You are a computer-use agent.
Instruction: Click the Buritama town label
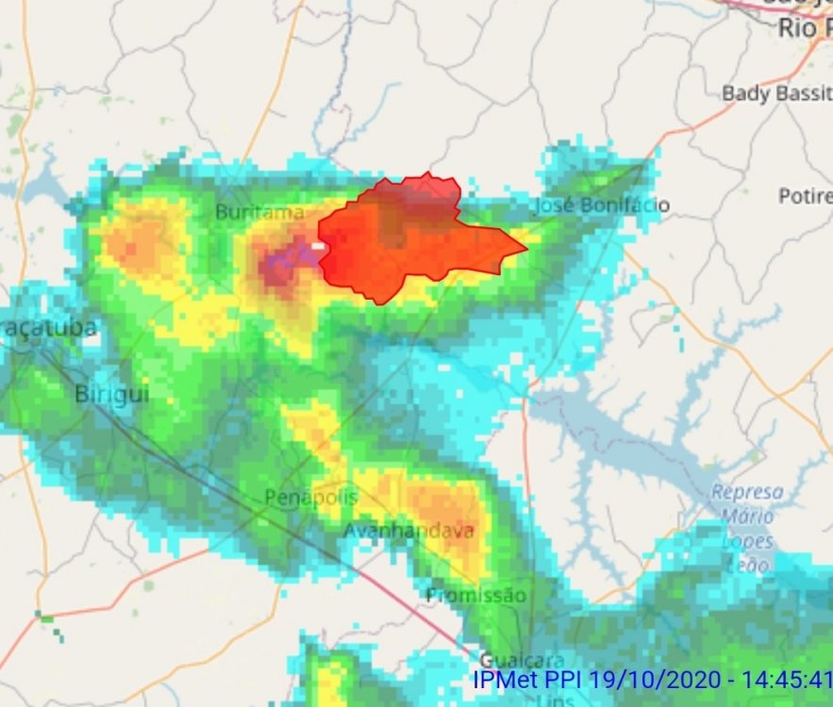[x=259, y=212]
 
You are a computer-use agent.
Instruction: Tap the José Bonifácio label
[x=602, y=205]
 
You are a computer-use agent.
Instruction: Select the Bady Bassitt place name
[x=776, y=93]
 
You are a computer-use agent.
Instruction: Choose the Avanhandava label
[x=408, y=531]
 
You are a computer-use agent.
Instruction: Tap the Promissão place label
[x=475, y=595]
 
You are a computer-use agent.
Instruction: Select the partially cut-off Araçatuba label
[x=49, y=328]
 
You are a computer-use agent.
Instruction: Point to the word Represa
[x=747, y=492]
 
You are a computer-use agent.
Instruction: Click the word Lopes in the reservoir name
[x=747, y=541]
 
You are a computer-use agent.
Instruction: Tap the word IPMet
[x=504, y=679]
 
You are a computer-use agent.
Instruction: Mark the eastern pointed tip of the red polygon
[x=525, y=251]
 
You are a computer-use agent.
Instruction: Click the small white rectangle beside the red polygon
[x=319, y=246]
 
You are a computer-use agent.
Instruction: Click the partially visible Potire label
[x=806, y=196]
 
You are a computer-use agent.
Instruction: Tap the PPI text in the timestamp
[x=562, y=679]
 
